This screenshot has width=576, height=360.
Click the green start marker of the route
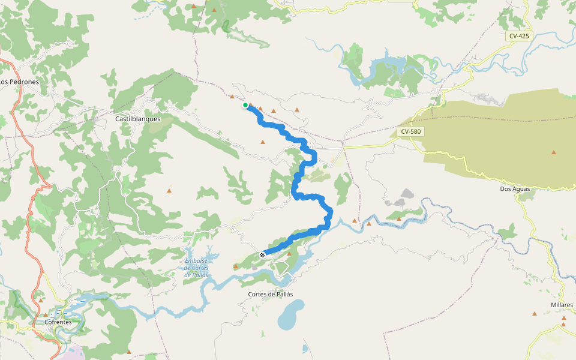point(245,105)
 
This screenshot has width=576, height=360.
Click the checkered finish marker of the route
point(262,255)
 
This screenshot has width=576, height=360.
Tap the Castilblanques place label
point(138,119)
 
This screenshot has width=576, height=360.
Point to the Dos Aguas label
point(515,188)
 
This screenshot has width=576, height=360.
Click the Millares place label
point(562,305)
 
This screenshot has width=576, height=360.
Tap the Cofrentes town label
point(58,322)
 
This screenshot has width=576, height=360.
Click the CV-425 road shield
point(519,36)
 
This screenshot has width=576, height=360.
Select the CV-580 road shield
point(411,131)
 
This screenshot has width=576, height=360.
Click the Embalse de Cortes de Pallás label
point(197,268)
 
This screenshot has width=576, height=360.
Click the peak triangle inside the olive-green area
point(553,152)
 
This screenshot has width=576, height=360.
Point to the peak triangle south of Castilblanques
point(169,191)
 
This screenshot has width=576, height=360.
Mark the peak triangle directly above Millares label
point(563,325)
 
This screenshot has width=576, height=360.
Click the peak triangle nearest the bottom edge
point(129,352)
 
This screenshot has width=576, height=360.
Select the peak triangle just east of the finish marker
point(289,254)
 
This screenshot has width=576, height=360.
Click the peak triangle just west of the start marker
point(232,96)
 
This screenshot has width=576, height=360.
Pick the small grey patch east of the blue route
point(407,194)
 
